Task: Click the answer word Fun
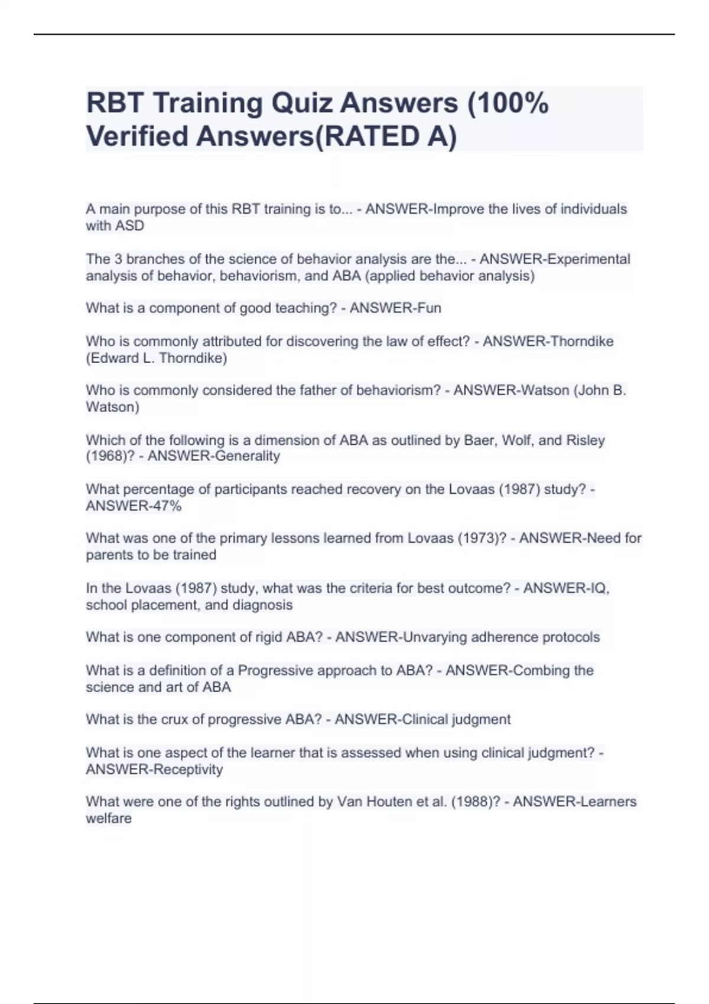(x=430, y=308)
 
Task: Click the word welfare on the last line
(x=109, y=819)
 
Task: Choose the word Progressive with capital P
(x=275, y=670)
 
